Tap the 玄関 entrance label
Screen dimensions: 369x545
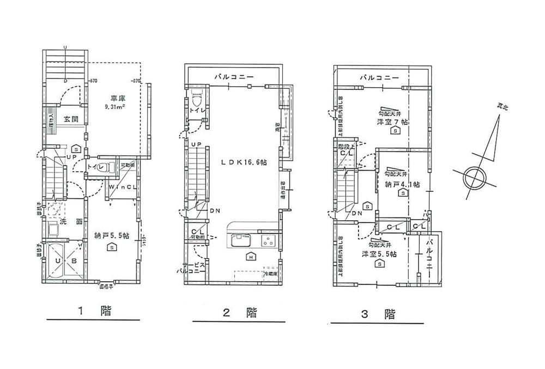tap(68, 119)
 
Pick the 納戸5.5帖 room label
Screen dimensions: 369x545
tap(111, 236)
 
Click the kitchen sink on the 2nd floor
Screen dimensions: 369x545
tap(240, 240)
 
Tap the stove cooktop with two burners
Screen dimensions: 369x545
tap(268, 240)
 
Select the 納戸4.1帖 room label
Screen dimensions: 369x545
tap(402, 184)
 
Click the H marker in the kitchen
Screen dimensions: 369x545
tap(250, 257)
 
